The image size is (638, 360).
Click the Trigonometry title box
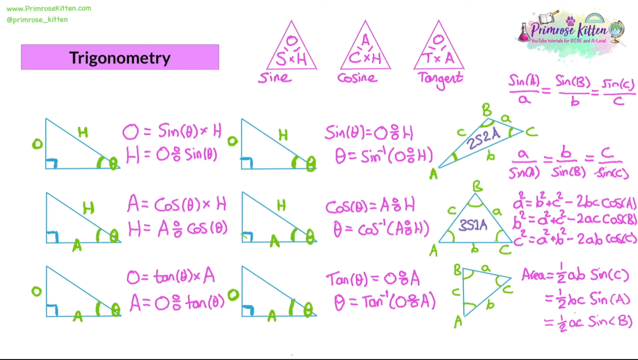[x=120, y=57]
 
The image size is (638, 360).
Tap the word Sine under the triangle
[x=275, y=78]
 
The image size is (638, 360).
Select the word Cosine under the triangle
[x=357, y=78]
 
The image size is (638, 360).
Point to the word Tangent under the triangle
[x=440, y=79]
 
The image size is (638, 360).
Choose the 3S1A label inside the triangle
[x=473, y=225]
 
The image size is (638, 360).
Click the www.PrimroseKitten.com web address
[x=49, y=8]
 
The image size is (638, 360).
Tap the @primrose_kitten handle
[x=37, y=20]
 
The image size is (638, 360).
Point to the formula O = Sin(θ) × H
[x=172, y=132]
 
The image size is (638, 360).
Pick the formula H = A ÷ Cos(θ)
[x=178, y=228]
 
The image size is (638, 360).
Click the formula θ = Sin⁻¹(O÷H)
[x=384, y=156]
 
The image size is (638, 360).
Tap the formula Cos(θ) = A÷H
[x=371, y=206]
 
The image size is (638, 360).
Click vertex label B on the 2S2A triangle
[x=486, y=110]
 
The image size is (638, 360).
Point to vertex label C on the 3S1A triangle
[x=505, y=250]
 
